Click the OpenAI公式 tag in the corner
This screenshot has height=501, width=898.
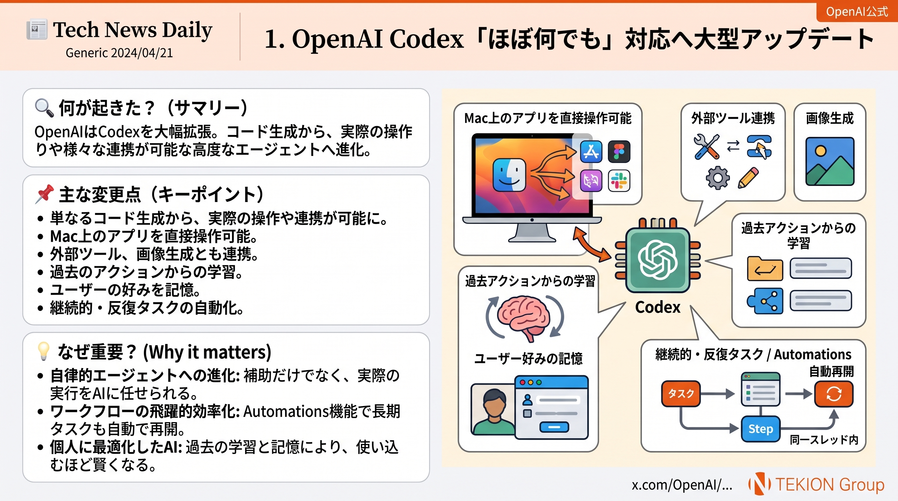click(x=857, y=12)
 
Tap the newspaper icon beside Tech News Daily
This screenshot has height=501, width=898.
click(x=37, y=29)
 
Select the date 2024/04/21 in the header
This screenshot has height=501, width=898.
click(x=141, y=53)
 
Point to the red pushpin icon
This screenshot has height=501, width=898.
click(x=44, y=194)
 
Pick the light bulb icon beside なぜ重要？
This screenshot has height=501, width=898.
click(x=44, y=351)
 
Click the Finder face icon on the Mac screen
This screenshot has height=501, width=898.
click(x=509, y=175)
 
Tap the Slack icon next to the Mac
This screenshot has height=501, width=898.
click(x=619, y=180)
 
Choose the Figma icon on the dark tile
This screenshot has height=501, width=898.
click(x=619, y=152)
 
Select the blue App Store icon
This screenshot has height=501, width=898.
click(x=591, y=152)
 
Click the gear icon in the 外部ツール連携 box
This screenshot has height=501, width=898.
click(x=718, y=178)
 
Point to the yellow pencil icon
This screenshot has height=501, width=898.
click(x=749, y=178)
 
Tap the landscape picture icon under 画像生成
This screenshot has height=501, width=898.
click(x=830, y=161)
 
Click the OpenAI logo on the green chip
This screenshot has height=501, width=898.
click(x=658, y=260)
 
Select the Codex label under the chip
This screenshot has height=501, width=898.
click(x=658, y=307)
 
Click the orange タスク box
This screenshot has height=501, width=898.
click(x=681, y=394)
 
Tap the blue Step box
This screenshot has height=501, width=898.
click(x=760, y=429)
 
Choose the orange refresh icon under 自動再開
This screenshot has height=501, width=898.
click(x=833, y=394)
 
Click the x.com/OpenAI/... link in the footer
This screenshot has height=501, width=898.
click(x=682, y=485)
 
